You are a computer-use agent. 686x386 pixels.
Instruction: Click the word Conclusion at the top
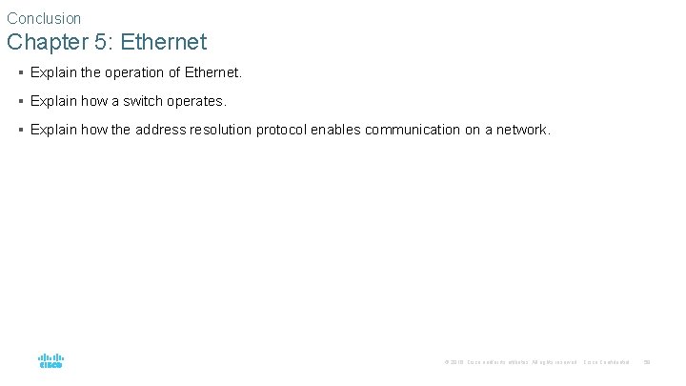44,18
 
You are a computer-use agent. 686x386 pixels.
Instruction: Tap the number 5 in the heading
104,43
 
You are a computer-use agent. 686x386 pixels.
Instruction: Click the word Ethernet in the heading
164,43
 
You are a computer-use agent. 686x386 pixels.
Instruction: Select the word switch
140,101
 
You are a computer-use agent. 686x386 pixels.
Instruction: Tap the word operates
195,101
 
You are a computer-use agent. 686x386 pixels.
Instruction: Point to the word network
523,130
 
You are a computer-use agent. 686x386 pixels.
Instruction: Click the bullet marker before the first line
20,72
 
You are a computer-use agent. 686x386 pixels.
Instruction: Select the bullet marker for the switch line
20,101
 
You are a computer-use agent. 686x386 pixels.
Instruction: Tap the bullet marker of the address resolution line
20,130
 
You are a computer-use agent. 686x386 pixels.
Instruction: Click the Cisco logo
50,361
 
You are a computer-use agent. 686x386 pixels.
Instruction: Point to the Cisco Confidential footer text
606,362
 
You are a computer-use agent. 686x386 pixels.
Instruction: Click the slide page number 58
647,362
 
